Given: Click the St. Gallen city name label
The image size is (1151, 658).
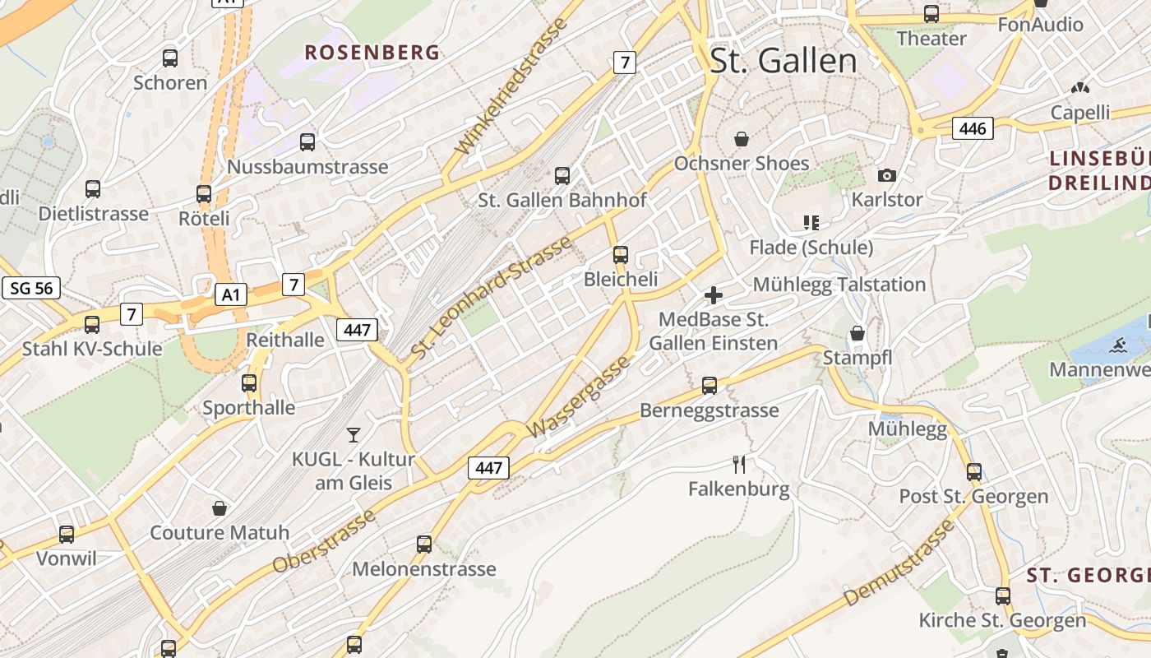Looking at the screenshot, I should click(x=783, y=61).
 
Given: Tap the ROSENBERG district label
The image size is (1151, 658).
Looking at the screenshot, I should click(x=372, y=53).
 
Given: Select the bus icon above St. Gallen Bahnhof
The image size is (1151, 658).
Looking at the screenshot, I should click(x=562, y=175).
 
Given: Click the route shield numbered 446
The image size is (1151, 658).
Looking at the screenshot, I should click(x=973, y=128).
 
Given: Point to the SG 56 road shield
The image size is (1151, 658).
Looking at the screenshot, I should click(x=31, y=288).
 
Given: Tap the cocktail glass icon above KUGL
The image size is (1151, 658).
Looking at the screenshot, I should click(x=354, y=434).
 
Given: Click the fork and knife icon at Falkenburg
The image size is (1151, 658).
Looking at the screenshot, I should click(x=739, y=465).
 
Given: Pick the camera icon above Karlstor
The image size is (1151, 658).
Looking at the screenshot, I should click(x=886, y=175).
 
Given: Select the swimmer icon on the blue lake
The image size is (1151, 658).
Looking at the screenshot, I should click(x=1117, y=345).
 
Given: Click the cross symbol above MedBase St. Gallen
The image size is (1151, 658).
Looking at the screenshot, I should click(x=714, y=294).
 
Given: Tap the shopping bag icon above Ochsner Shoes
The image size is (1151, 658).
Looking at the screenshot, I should click(x=742, y=138).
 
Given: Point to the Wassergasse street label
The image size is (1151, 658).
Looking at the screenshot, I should click(x=581, y=396).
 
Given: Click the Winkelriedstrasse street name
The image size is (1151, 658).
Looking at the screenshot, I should click(x=511, y=86).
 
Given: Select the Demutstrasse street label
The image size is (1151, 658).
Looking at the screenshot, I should click(x=899, y=563).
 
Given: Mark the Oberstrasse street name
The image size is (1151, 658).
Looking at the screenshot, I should click(x=324, y=540).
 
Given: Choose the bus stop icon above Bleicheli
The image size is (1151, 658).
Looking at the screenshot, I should click(x=621, y=255).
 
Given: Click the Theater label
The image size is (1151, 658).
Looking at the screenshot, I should click(x=931, y=39).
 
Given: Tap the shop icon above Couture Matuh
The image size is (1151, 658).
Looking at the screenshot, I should click(x=220, y=508).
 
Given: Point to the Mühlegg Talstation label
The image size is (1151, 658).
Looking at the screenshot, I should click(x=839, y=285).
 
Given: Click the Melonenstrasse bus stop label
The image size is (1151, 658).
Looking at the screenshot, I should click(x=424, y=568).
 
